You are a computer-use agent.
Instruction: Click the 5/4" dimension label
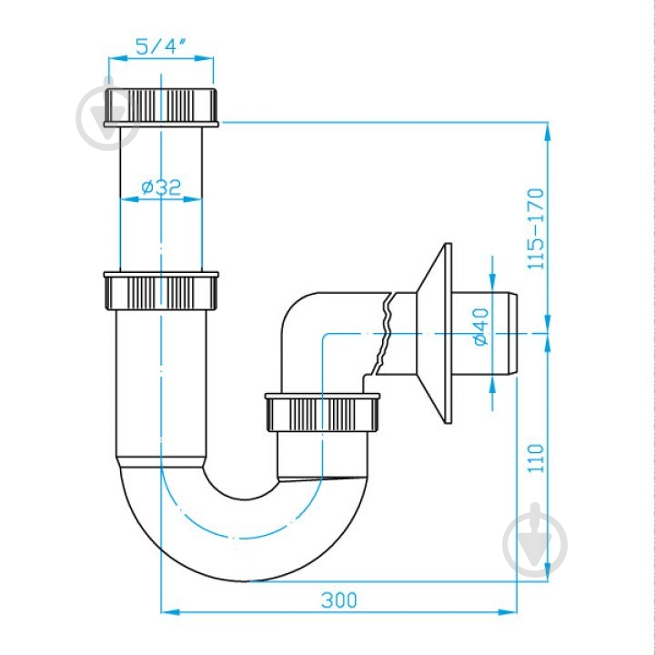coord(161,45)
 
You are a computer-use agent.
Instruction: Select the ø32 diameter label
coord(161,186)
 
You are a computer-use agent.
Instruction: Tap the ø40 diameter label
coord(481,327)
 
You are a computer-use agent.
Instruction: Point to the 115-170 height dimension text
coord(536,229)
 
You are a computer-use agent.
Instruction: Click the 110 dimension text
coord(536,458)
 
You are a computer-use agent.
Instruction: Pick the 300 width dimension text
coord(339,600)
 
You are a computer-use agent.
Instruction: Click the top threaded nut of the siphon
coord(161,107)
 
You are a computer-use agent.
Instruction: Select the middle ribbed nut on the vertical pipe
coord(161,291)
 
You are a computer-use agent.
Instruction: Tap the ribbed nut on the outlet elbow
coord(322,412)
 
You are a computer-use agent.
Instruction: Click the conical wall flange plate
coord(435,333)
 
